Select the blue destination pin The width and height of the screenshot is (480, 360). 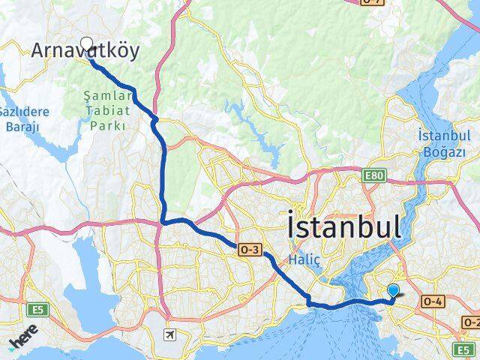click(392, 292)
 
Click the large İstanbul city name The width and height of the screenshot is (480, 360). click(343, 226)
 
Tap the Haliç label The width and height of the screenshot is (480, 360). click(304, 259)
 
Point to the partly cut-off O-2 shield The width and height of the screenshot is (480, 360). click(470, 322)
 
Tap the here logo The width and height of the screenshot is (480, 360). click(25, 341)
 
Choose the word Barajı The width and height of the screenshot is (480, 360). click(22, 126)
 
